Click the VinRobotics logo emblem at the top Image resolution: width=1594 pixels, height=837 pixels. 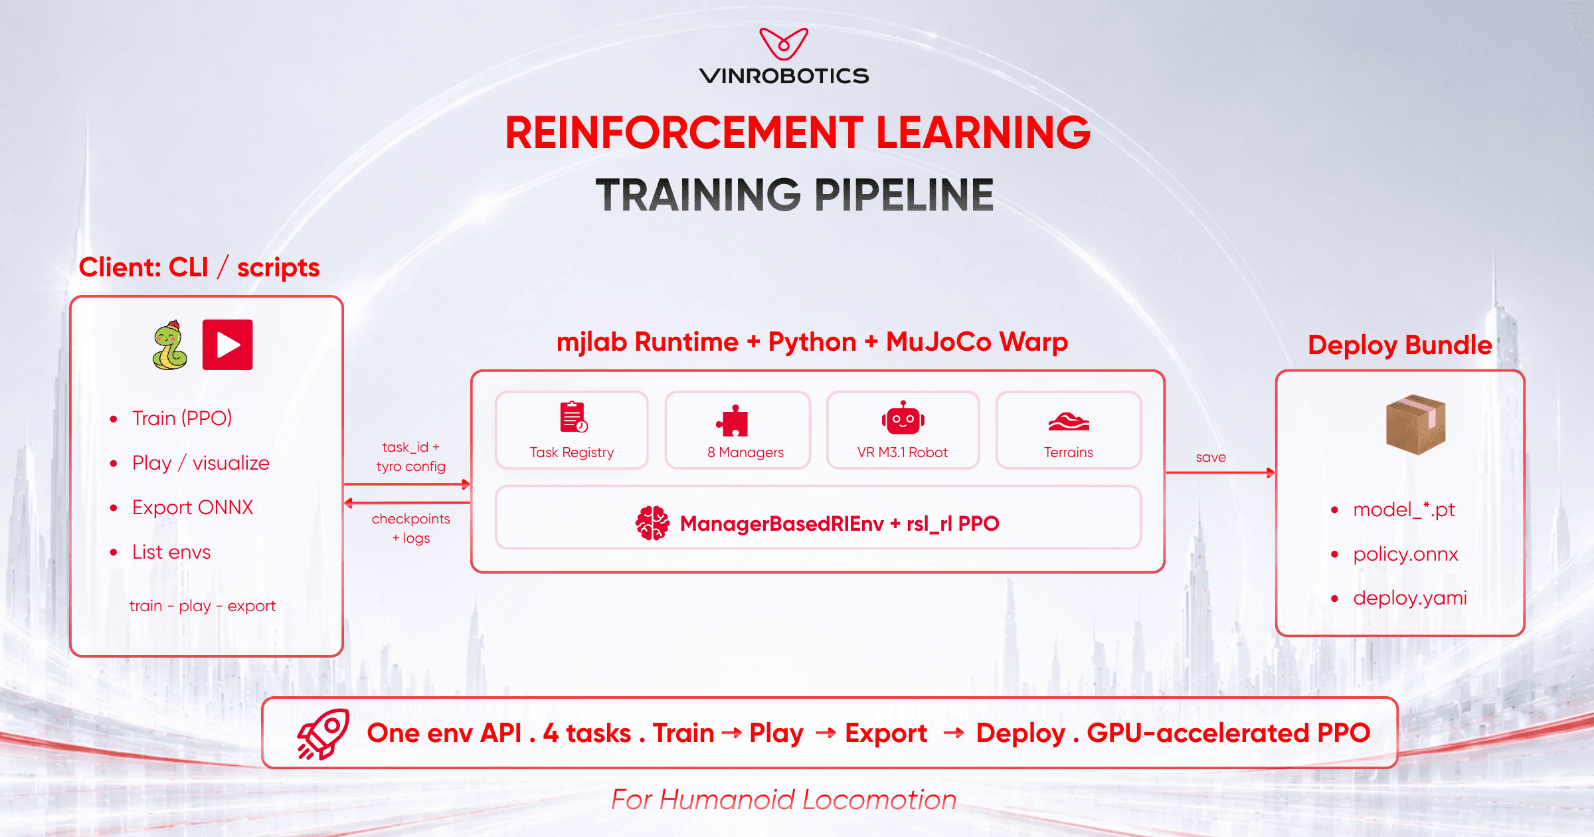coord(784,44)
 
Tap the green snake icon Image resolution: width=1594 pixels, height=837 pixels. coord(169,345)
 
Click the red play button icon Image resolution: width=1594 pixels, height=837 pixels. coord(228,345)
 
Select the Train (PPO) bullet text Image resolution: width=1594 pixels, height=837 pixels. coord(182,418)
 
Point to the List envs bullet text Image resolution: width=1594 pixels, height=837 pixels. coord(171,552)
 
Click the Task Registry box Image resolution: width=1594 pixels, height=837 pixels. coord(572,430)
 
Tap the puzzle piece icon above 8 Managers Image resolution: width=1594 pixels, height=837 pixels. coord(733,420)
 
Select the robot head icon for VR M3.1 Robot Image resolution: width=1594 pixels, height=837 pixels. coord(903,418)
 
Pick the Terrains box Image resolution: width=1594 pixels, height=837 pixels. coord(1069,430)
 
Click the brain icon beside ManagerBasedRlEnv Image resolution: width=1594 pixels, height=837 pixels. coord(652,523)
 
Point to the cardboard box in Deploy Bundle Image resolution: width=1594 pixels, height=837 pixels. coord(1416,424)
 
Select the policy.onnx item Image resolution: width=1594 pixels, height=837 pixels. coord(1405,554)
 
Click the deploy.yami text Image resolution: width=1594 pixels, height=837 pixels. coord(1410,598)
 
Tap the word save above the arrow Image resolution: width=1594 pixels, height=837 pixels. coord(1211,457)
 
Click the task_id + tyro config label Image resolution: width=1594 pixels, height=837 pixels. coord(410,456)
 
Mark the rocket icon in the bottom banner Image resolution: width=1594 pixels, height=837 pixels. coord(323,734)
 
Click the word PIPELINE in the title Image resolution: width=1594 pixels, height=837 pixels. coord(904,195)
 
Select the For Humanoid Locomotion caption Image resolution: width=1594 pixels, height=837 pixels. coord(784,800)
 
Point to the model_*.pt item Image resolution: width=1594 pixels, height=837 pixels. coord(1404,510)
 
